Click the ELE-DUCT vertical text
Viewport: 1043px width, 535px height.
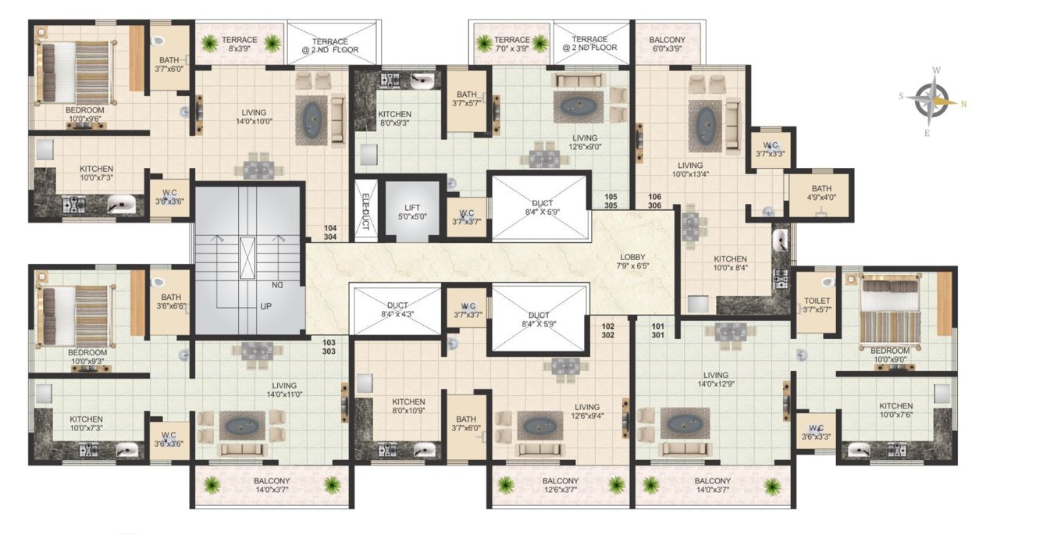(364, 207)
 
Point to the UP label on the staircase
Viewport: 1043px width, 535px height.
(265, 306)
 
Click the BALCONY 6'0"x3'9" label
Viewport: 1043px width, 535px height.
(667, 45)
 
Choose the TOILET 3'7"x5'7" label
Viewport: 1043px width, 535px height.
(817, 305)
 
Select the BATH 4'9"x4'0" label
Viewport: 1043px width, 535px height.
(821, 193)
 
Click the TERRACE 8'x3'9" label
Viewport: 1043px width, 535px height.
(239, 45)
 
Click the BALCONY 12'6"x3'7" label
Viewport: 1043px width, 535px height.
(561, 485)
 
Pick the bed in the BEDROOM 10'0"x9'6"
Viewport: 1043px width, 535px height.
(75, 71)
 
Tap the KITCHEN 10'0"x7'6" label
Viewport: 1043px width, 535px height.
(895, 411)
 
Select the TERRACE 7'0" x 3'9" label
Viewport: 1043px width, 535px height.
(511, 45)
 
